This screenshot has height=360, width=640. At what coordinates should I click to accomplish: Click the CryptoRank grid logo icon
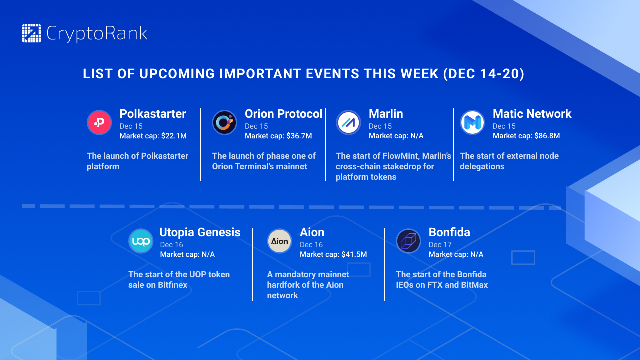coord(31,33)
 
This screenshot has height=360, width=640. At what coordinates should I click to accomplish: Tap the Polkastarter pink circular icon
coord(99,123)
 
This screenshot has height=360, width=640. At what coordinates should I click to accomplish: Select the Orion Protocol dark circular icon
coord(225,123)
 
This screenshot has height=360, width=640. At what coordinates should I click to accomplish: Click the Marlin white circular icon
coord(348,123)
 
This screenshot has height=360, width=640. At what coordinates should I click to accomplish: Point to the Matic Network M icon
coord(472,123)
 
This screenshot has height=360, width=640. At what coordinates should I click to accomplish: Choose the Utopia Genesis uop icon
coord(141,241)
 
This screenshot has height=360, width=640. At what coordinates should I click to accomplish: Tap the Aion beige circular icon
coord(279,241)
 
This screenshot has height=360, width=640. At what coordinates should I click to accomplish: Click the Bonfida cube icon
coord(408,241)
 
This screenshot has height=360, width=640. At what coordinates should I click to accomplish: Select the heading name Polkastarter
coord(153,114)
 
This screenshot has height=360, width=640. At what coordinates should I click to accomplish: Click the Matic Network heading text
coord(532,114)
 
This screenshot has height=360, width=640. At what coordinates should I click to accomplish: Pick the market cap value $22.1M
coord(174,136)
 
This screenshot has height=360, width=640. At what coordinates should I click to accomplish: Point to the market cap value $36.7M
coord(299,136)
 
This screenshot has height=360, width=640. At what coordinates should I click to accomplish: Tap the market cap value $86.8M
coord(547,136)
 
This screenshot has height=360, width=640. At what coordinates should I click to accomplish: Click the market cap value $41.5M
coord(354,254)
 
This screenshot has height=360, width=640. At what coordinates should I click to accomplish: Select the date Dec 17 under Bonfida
coord(440,245)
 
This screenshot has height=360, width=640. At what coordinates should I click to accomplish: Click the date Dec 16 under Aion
coord(311,245)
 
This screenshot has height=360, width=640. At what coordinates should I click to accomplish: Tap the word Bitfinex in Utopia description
coord(173,285)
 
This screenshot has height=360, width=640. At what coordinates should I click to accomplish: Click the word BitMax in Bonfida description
coord(475,285)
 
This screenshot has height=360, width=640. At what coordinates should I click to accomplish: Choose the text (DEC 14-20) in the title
coord(484,74)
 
